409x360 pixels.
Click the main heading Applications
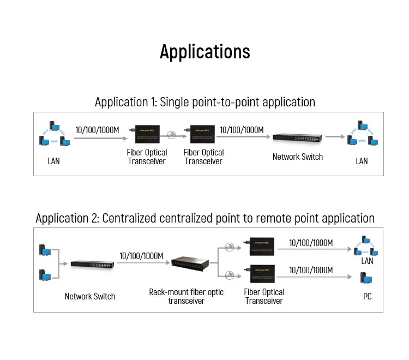(x=204, y=51)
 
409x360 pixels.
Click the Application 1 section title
(x=204, y=102)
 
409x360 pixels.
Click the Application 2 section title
(x=204, y=218)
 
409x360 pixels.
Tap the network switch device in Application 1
(x=297, y=139)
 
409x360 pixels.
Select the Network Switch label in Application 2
(x=90, y=296)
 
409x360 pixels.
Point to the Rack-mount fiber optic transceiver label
(x=187, y=296)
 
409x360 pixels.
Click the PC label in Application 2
(x=367, y=297)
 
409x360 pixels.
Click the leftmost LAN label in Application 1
(x=53, y=161)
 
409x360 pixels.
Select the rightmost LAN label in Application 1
(x=362, y=161)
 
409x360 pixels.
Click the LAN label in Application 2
(x=367, y=261)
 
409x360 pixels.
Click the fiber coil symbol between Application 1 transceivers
(x=172, y=135)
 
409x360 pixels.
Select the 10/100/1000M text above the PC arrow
(x=311, y=270)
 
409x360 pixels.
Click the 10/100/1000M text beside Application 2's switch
(x=141, y=256)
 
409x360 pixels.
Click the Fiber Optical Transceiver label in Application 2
(x=264, y=296)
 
